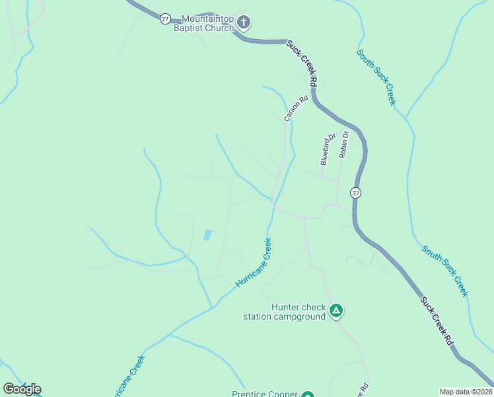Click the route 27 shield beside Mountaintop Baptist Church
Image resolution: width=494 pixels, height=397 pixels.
164,19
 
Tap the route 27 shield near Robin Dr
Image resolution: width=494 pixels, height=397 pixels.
356,193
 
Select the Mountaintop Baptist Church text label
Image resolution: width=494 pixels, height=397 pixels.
203,23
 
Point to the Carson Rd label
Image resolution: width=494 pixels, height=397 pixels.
296,109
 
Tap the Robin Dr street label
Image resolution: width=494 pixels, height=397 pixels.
343,144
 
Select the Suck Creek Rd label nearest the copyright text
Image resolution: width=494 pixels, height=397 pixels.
438,321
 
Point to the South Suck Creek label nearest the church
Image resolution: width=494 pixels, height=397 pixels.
376,77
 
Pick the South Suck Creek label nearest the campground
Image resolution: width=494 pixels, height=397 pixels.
446,271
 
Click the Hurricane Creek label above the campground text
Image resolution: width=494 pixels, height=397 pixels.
254,263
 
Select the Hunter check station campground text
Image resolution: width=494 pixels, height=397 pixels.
285,312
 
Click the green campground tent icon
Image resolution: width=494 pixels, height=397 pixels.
336,310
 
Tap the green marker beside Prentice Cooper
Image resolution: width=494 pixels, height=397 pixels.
307,395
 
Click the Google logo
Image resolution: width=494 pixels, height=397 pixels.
22,389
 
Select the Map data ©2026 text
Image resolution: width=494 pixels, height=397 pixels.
466,392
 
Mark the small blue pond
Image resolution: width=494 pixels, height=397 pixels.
208,235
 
